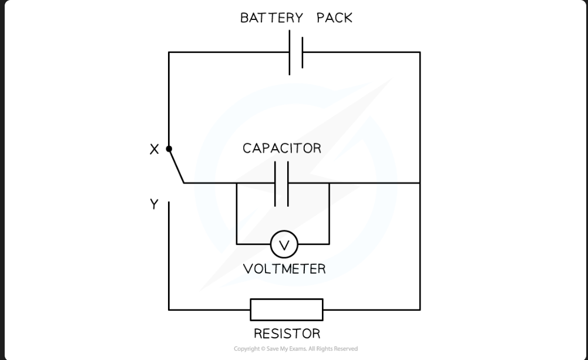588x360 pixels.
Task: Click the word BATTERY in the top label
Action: click(271, 18)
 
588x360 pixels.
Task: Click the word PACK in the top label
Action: click(334, 18)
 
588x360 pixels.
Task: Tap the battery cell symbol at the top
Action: click(295, 53)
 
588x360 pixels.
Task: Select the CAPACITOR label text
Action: click(282, 148)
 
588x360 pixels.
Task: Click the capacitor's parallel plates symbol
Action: click(281, 183)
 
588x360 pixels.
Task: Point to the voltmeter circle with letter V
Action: click(284, 244)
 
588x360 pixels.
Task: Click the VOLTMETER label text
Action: click(284, 269)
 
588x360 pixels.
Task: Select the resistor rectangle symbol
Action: click(287, 309)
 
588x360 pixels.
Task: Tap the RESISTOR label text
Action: click(287, 334)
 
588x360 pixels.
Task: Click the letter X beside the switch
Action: click(154, 150)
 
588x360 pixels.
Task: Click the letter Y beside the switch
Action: click(154, 204)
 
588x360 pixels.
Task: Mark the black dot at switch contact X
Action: click(169, 149)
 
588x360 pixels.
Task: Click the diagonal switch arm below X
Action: click(176, 166)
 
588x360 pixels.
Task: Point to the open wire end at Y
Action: click(169, 203)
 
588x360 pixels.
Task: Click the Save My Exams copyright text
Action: click(295, 349)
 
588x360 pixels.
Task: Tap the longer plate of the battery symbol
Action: click(290, 53)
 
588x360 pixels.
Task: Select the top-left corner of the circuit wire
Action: click(169, 53)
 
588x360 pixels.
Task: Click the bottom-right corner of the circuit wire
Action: click(419, 309)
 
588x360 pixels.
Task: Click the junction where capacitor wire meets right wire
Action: click(419, 183)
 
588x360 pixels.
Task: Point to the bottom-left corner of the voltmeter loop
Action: click(237, 244)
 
